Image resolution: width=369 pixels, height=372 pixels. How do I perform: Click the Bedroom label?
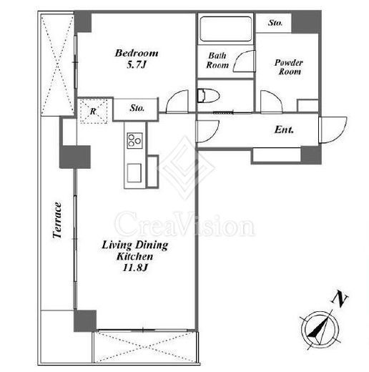pos(137,53)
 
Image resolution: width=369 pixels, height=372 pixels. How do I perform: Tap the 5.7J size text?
pos(136,64)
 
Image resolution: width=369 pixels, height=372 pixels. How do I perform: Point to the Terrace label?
pos(57,220)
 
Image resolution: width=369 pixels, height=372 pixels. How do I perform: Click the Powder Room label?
pos(289,67)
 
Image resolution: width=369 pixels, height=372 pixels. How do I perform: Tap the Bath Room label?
pos(217,60)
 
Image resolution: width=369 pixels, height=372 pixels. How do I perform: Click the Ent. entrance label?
pos(284,129)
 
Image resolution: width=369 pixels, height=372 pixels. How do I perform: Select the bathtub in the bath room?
pos(226,29)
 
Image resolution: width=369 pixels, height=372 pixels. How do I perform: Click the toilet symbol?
pos(208,95)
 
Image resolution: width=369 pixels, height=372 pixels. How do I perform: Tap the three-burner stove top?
pos(134,140)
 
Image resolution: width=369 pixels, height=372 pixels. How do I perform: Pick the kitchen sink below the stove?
pos(134,173)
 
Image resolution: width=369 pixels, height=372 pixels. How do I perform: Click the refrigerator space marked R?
pos(94,111)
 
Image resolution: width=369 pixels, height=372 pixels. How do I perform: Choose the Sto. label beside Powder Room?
pos(275,23)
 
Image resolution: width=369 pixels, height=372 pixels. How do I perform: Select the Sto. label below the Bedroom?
pos(137,108)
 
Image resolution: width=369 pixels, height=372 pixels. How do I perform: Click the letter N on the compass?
pos(340,299)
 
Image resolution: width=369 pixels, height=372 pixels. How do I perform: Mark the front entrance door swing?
pos(333,129)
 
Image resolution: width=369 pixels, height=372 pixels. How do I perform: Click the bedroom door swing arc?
pos(177,101)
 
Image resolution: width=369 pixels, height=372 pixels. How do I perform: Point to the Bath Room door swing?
pos(244,62)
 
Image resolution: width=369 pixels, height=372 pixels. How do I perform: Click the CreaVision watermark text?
pos(184,224)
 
